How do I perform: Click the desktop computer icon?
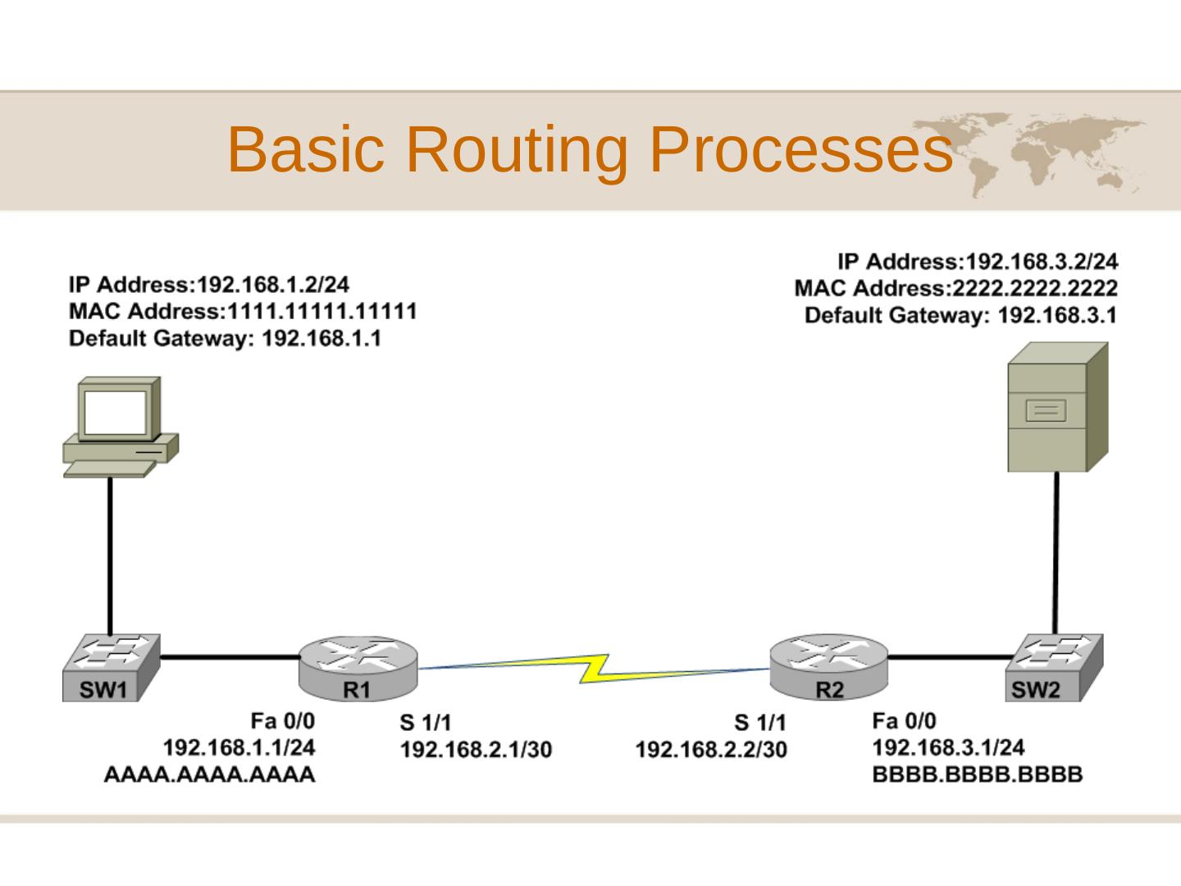[120, 427]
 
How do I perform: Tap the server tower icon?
[1056, 408]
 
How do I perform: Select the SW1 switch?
[111, 668]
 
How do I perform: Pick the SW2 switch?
[1054, 668]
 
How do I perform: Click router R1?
[358, 669]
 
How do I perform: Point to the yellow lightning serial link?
[595, 668]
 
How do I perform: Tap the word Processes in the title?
[800, 149]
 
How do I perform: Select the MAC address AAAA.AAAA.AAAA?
[210, 774]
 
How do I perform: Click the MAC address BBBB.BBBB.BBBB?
[977, 774]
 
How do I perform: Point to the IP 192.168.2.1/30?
[476, 750]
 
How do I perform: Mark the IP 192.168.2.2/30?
[710, 750]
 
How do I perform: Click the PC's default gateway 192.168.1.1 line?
[225, 339]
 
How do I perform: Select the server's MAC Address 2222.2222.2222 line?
[955, 289]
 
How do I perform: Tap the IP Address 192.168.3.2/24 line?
[977, 262]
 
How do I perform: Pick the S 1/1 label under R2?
[759, 723]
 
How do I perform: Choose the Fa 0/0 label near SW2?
[903, 721]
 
